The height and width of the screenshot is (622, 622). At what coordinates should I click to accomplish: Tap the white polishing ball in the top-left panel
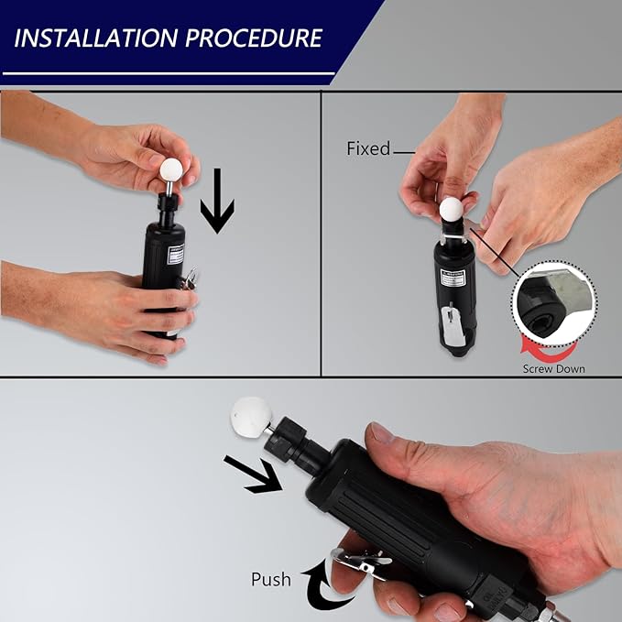point(171,169)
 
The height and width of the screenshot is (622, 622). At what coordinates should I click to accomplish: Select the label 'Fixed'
point(368,148)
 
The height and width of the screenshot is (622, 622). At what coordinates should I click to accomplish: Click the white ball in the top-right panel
point(451,209)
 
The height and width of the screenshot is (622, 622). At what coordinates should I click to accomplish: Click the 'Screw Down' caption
point(554,368)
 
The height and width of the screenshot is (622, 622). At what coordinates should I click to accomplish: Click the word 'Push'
point(271,579)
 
